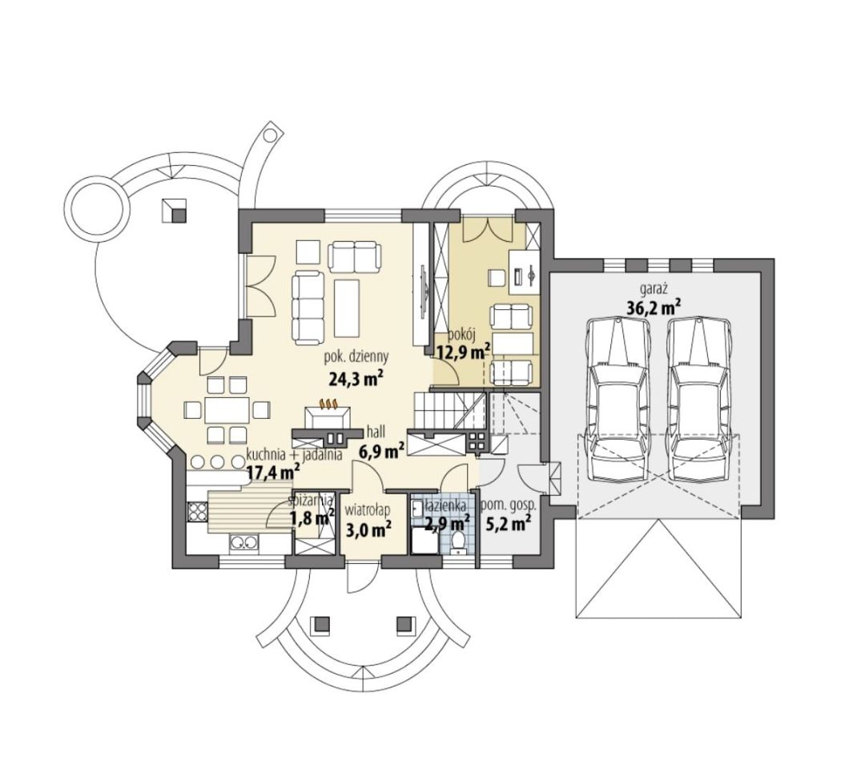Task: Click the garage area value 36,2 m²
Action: [x=654, y=307]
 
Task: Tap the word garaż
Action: [x=654, y=288]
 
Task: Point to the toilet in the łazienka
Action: [x=457, y=542]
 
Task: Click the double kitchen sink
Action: [x=243, y=543]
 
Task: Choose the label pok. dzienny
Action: [x=356, y=356]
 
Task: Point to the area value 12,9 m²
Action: [x=464, y=352]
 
